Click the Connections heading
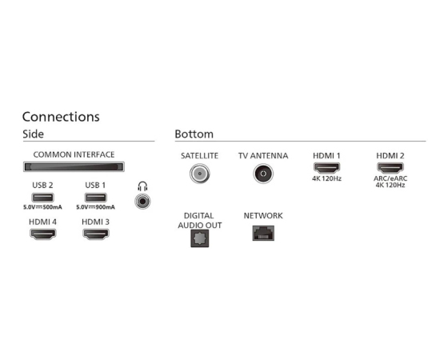[61, 117]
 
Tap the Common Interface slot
[74, 167]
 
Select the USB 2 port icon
[42, 198]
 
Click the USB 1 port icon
[95, 198]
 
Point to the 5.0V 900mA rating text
[95, 207]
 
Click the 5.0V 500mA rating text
[42, 207]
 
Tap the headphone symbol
[142, 186]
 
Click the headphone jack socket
[142, 201]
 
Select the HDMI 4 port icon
[43, 234]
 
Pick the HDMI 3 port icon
[96, 234]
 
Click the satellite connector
[200, 174]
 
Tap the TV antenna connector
[263, 174]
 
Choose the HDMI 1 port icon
[326, 168]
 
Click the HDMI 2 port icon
[390, 168]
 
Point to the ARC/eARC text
[390, 178]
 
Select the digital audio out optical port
[200, 238]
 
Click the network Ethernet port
[263, 233]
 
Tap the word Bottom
[194, 134]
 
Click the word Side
[33, 134]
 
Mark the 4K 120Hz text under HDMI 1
[326, 178]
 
